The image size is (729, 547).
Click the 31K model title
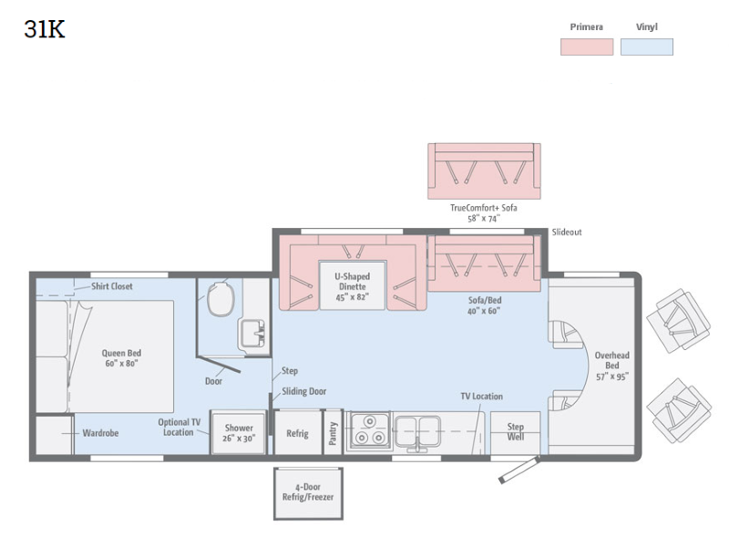[45, 29]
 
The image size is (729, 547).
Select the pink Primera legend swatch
[587, 47]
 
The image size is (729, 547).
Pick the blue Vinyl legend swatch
[647, 47]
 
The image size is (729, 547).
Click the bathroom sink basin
[253, 334]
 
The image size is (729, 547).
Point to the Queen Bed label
[121, 358]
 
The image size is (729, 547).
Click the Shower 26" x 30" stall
[239, 432]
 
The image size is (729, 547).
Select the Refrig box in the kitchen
[298, 432]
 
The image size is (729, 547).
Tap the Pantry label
[333, 433]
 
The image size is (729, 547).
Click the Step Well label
[516, 431]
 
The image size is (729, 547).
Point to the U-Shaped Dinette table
[353, 285]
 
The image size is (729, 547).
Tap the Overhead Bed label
[612, 366]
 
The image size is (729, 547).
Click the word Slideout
[567, 232]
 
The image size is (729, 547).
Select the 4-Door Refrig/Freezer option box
[308, 493]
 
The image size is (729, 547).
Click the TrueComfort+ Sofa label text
[484, 208]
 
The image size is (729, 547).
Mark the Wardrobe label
[100, 433]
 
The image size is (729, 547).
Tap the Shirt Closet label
[111, 286]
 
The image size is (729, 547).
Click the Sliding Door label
[304, 392]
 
